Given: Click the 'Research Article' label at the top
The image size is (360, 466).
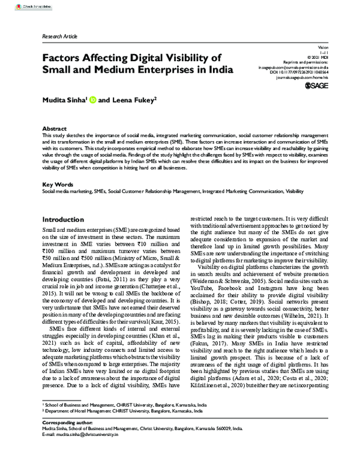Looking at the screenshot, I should (60, 37).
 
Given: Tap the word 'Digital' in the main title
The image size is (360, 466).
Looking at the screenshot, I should (151, 58).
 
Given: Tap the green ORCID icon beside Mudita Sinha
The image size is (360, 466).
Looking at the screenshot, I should (92, 101).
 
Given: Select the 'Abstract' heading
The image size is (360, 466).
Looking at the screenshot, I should (54, 129).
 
